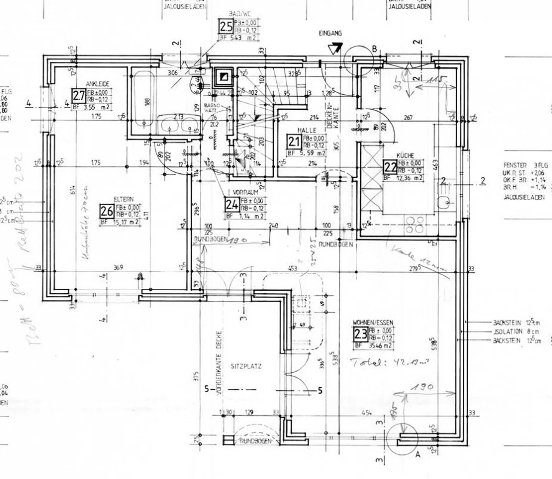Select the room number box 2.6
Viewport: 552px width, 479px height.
[x=107, y=211]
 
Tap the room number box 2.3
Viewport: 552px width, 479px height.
[x=360, y=334]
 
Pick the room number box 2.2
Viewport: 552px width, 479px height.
[x=390, y=167]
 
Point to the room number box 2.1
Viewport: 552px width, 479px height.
[x=294, y=142]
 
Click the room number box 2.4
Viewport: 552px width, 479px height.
[x=232, y=204]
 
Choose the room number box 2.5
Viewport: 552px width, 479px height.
[x=226, y=27]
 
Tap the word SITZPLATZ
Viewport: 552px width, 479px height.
[x=246, y=366]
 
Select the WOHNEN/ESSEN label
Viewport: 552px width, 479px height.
[x=373, y=323]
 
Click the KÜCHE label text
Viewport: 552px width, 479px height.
[x=405, y=156]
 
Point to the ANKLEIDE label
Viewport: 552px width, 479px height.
[x=98, y=84]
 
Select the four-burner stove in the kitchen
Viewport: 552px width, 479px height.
[x=415, y=225]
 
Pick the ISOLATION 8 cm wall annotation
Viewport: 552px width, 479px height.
[x=516, y=331]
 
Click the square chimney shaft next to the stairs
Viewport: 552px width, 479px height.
[x=223, y=77]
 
